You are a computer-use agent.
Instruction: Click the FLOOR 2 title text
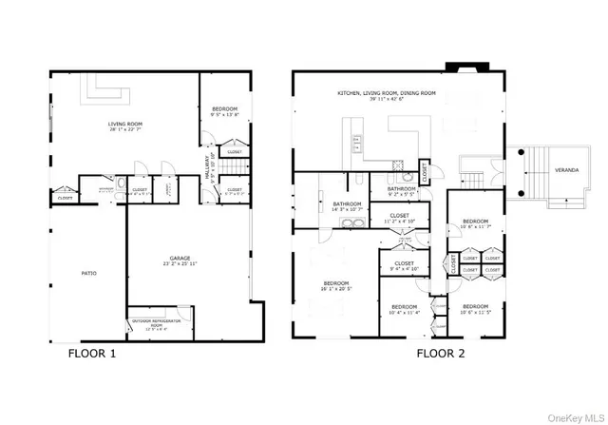443,354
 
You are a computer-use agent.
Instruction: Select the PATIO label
87,273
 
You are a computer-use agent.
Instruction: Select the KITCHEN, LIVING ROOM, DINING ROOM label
386,95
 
